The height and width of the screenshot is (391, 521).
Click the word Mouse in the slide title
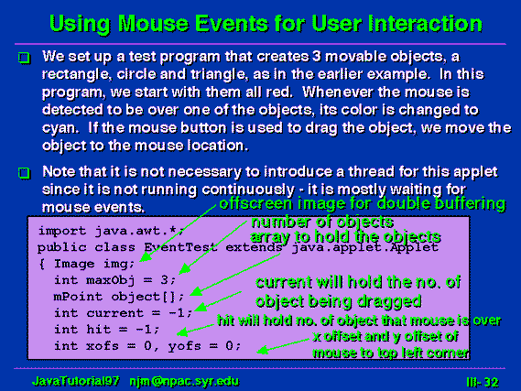[x=154, y=23]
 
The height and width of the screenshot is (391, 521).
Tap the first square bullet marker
[x=24, y=58]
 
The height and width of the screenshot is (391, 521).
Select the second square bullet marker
[x=24, y=173]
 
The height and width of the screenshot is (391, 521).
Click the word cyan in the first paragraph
[x=60, y=128]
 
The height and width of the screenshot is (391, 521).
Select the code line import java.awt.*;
[x=111, y=231]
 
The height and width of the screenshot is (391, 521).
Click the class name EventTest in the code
[x=180, y=247]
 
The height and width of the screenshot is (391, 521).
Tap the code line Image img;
[x=94, y=264]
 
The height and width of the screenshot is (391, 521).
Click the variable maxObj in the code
[x=110, y=280]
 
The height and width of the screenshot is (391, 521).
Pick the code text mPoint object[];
[x=119, y=297]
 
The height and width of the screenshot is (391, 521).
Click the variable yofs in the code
[x=184, y=346]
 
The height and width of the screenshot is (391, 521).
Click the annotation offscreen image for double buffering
[x=363, y=203]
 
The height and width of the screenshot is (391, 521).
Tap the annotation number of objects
[x=322, y=222]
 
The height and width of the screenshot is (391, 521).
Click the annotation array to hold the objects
[x=345, y=237]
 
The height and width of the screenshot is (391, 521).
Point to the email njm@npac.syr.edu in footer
[x=184, y=381]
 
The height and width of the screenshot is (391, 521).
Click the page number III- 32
[x=483, y=383]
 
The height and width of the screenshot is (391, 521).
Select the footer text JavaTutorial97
[x=75, y=381]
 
